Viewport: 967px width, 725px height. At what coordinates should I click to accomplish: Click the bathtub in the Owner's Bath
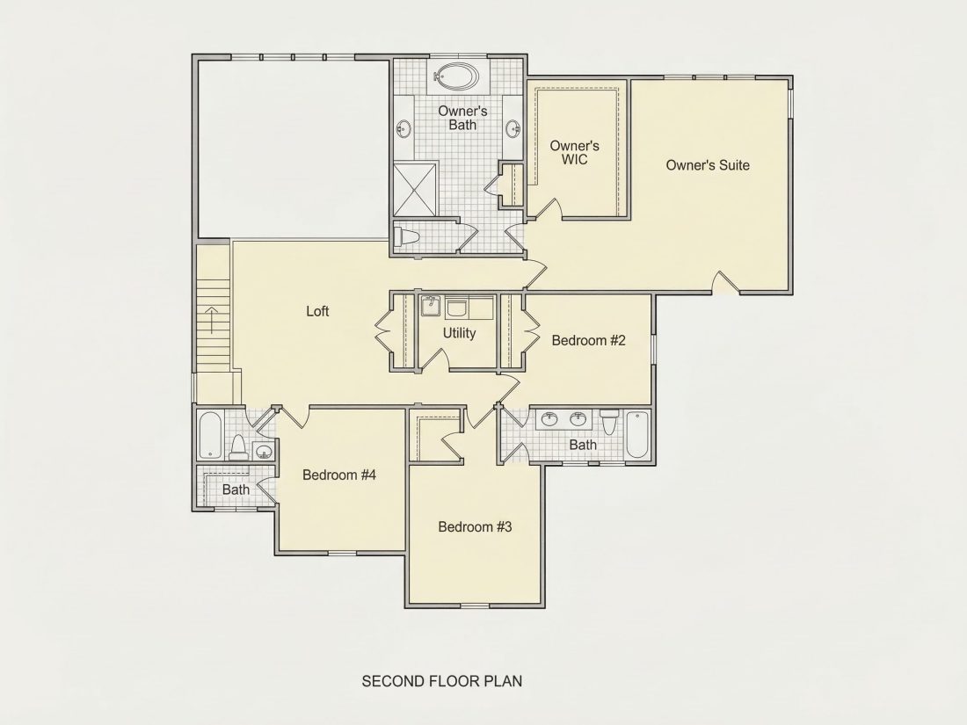455,76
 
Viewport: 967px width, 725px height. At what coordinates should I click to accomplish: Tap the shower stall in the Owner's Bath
415,189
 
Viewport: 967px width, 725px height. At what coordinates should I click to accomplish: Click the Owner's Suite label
708,165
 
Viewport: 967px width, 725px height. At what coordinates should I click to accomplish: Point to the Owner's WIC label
574,152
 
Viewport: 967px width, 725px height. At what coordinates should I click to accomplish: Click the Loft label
317,311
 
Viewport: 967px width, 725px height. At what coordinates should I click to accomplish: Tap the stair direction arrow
212,319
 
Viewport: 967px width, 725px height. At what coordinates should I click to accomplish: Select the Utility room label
459,334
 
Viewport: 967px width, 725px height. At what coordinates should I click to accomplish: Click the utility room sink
431,305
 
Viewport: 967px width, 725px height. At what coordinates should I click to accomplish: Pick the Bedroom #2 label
588,340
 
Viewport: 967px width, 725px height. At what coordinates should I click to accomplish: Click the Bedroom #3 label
475,527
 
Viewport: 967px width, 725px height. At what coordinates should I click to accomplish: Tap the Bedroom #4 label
339,475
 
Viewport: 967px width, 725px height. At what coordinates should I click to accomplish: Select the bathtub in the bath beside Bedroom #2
637,435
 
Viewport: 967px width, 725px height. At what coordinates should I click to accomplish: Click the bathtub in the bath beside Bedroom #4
210,435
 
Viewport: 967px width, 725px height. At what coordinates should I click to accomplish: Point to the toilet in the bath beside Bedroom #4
238,449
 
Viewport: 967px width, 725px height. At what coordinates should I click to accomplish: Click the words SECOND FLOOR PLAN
441,681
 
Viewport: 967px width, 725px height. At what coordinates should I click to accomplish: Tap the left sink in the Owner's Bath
404,129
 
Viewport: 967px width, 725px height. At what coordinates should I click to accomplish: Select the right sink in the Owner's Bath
513,129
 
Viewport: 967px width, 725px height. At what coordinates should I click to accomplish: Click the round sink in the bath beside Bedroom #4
264,452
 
